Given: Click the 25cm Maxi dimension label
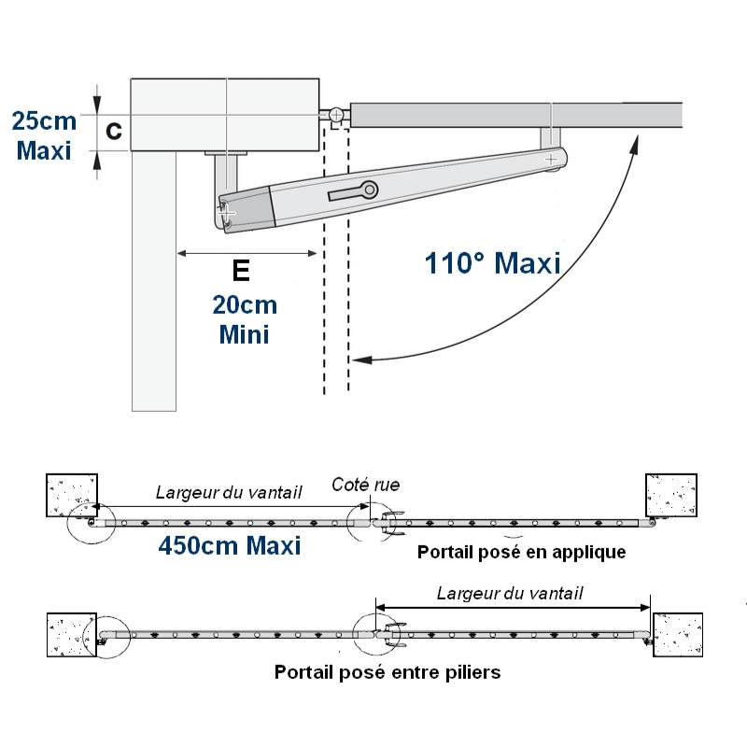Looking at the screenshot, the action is pyautogui.click(x=44, y=135).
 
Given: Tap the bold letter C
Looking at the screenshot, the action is pyautogui.click(x=114, y=130).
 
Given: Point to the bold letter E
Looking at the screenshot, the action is pyautogui.click(x=241, y=271).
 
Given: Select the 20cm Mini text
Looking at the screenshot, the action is pyautogui.click(x=245, y=319).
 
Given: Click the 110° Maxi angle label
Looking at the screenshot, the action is pyautogui.click(x=493, y=263).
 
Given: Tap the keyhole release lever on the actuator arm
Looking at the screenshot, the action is pyautogui.click(x=354, y=191).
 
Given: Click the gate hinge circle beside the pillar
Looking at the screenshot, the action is pyautogui.click(x=336, y=115).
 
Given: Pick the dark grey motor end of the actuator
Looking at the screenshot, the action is pyautogui.click(x=247, y=210).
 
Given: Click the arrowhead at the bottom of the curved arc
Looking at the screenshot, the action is pyautogui.click(x=361, y=359).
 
